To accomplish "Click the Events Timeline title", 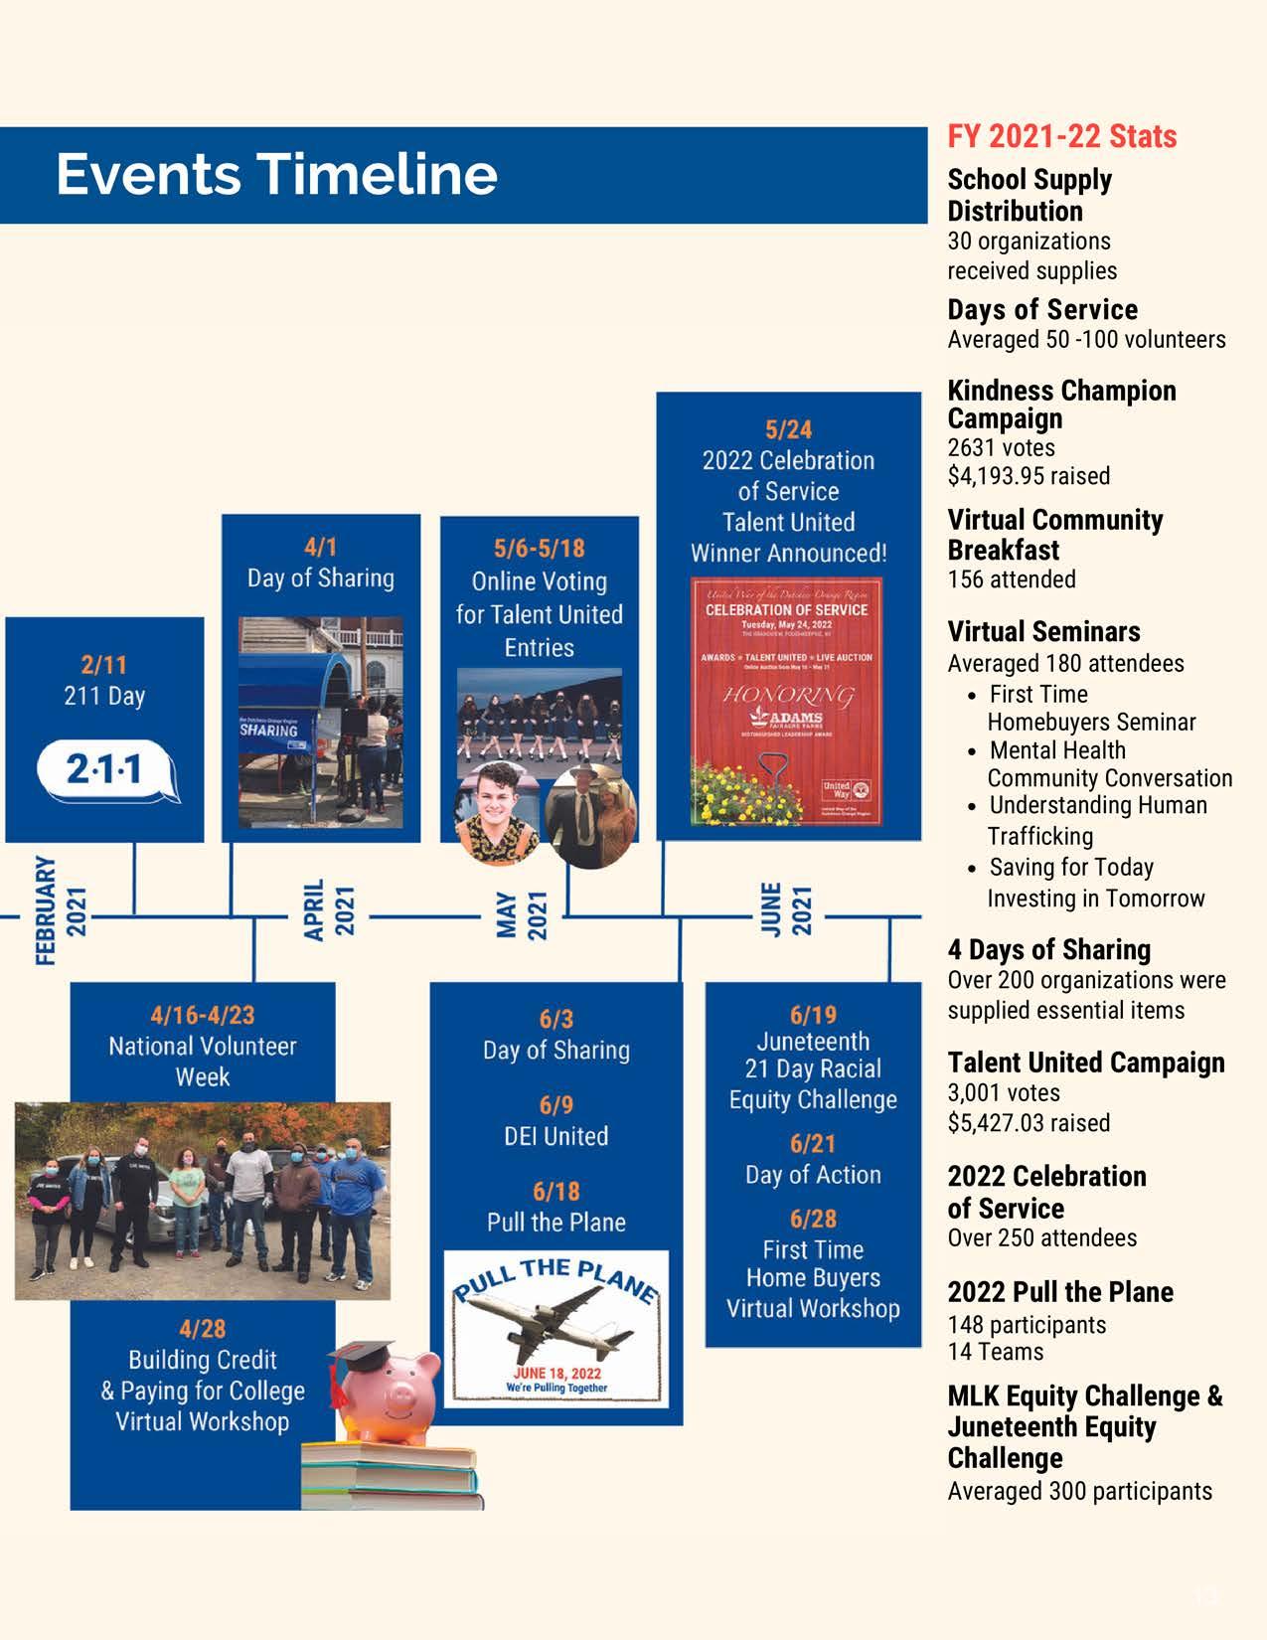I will [276, 174].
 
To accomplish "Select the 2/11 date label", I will [103, 664].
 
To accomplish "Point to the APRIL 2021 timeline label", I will [329, 909].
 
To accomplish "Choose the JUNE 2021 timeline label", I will [785, 909].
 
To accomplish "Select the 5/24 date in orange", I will [788, 429].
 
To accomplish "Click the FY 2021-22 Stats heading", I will [1061, 136].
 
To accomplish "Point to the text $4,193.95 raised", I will [1029, 476].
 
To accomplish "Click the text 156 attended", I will [1011, 579].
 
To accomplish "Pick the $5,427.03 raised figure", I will [1029, 1123].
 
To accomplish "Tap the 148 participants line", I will [1027, 1325].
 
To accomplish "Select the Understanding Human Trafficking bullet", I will [1093, 821].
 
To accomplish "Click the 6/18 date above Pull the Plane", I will [555, 1191].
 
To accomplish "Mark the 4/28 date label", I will [202, 1329].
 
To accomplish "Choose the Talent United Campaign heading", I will [1086, 1063].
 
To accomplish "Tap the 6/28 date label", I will [812, 1219].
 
